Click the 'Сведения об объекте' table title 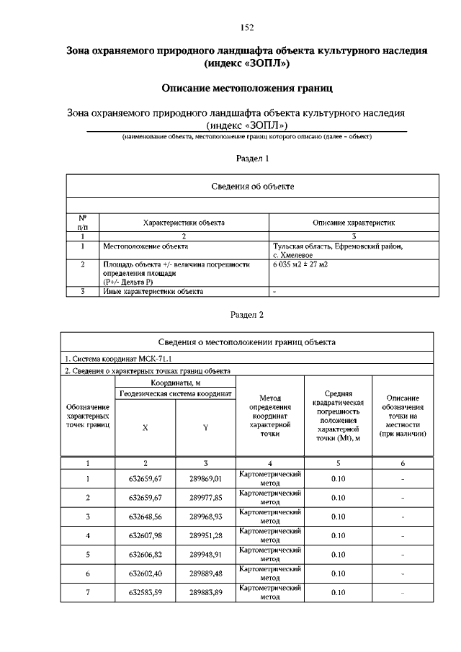[252, 186]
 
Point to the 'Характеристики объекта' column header [184, 223]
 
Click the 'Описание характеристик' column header [353, 223]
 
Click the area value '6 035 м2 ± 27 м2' [300, 264]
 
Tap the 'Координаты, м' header [175, 382]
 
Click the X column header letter [145, 427]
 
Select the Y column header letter [205, 427]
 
